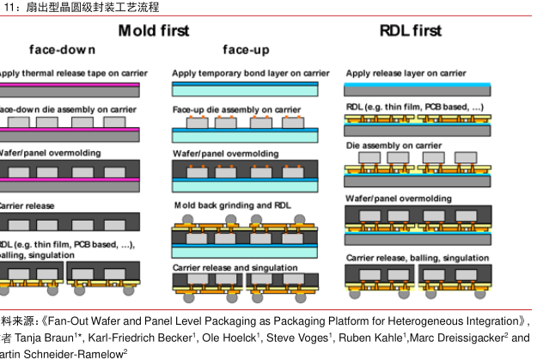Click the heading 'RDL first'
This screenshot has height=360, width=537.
point(410,31)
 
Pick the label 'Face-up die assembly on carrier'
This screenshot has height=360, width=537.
point(236,110)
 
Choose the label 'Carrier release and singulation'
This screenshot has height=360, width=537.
point(236,267)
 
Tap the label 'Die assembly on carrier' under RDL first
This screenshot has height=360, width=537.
point(394,146)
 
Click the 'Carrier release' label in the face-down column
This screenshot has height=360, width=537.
point(27,206)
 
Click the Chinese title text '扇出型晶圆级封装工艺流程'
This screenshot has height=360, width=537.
point(87,7)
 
